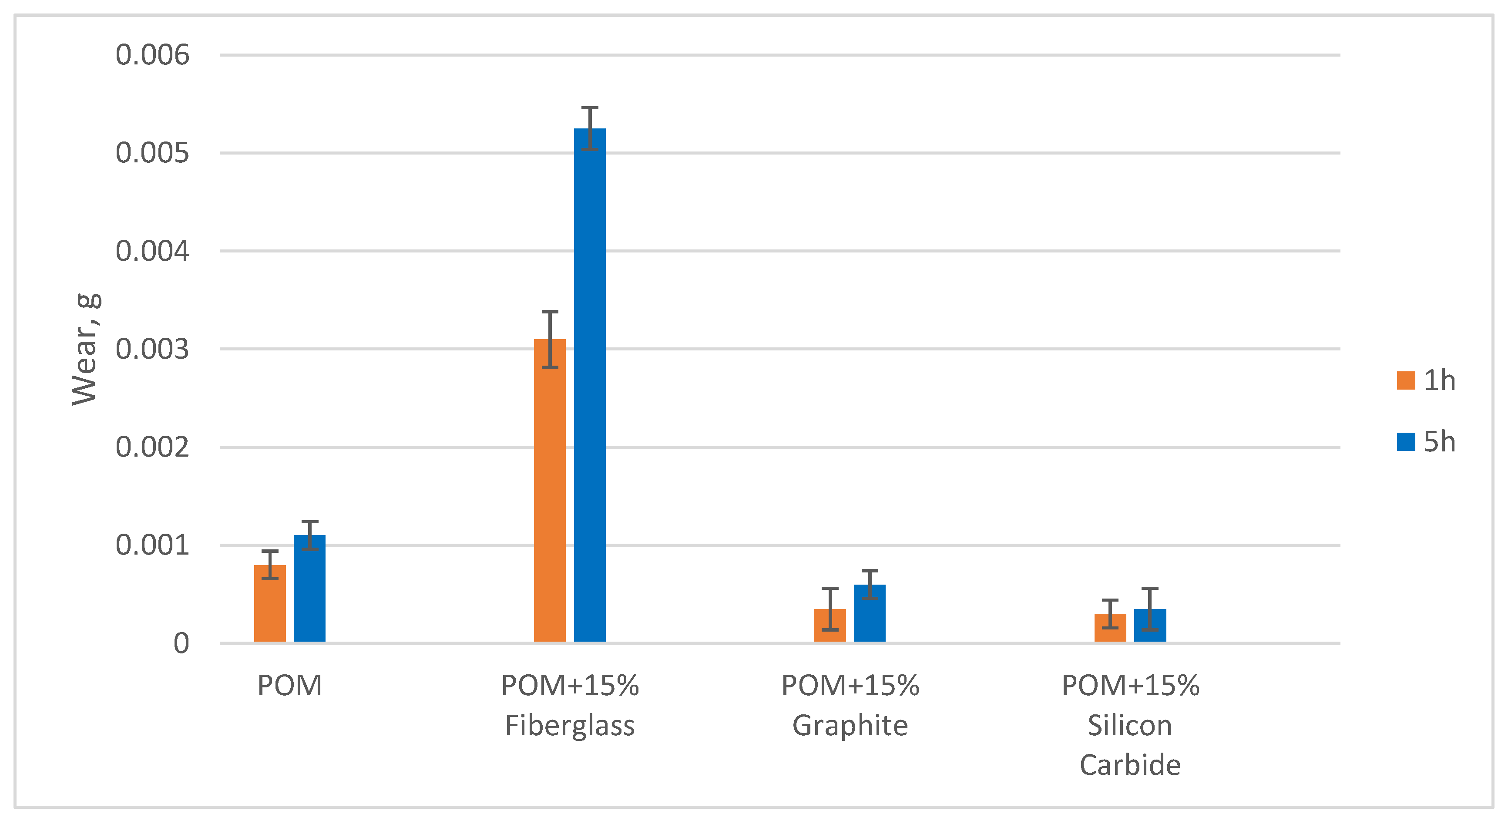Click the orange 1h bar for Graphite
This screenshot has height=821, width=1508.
[830, 626]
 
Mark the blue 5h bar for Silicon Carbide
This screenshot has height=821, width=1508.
[1150, 626]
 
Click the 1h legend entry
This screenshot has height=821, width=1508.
[1427, 380]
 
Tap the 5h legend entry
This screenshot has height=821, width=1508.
[1427, 441]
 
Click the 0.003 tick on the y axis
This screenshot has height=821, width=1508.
[152, 350]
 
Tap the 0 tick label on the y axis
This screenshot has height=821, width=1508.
[181, 643]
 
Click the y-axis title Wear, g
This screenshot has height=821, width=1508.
[85, 350]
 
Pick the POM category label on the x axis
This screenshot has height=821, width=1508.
[290, 685]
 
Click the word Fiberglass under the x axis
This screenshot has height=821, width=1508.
[570, 726]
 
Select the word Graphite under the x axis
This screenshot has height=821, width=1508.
[850, 726]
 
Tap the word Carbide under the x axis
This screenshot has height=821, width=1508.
[1130, 765]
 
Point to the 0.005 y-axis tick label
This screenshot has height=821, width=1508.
[152, 153]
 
